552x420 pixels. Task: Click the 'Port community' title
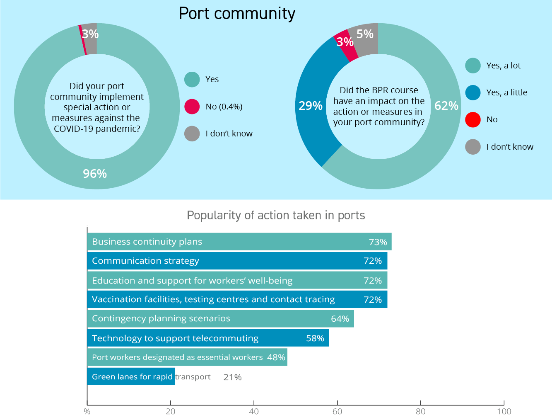click(x=237, y=13)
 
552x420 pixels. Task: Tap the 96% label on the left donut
click(x=95, y=174)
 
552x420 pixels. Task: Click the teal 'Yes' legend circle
click(x=192, y=79)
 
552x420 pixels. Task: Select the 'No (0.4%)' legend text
click(x=224, y=107)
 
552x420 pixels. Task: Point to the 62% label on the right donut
click(x=446, y=106)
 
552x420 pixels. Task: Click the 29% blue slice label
click(x=311, y=106)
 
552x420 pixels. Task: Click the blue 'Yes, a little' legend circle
click(x=472, y=92)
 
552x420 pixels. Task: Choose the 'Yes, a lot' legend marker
click(x=472, y=66)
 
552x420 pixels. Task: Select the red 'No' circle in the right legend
click(x=472, y=119)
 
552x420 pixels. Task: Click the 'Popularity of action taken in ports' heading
click(x=276, y=215)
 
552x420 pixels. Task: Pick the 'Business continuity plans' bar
click(x=239, y=242)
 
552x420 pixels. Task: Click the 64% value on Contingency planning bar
click(x=340, y=319)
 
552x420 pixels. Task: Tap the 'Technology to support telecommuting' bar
click(x=208, y=338)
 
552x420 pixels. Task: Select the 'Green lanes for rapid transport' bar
click(x=131, y=376)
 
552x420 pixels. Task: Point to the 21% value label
click(x=232, y=377)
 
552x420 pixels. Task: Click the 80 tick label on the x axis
click(x=420, y=411)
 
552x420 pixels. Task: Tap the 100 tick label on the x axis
click(x=504, y=411)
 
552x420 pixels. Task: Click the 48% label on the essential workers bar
click(x=276, y=357)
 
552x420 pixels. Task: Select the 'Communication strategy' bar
click(x=237, y=261)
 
